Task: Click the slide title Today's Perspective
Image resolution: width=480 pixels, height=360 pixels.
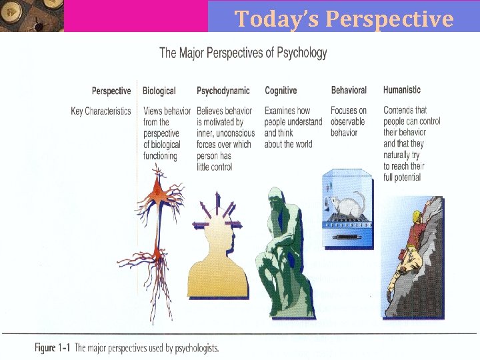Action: [x=343, y=19]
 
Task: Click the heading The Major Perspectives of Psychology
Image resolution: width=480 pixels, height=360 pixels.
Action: [x=243, y=53]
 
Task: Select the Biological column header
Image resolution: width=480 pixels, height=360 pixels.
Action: [x=159, y=91]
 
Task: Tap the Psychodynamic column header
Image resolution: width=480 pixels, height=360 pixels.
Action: [x=223, y=91]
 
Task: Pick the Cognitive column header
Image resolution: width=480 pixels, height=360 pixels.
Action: [x=281, y=91]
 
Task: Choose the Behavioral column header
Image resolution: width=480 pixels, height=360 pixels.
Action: [x=349, y=90]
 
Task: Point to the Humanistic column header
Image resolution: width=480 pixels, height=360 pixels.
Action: [x=402, y=89]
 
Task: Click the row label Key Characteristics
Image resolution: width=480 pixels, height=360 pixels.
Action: [x=101, y=111]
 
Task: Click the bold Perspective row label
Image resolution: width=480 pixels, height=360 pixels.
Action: [x=111, y=91]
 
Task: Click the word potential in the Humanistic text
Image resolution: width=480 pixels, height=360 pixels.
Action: [x=407, y=177]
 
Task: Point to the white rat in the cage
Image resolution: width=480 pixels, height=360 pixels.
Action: [x=349, y=199]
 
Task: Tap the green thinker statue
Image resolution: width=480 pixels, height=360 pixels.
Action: [x=283, y=253]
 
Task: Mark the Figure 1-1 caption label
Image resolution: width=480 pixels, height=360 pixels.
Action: [x=53, y=348]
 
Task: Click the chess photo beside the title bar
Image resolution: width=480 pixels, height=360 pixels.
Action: [x=32, y=16]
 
